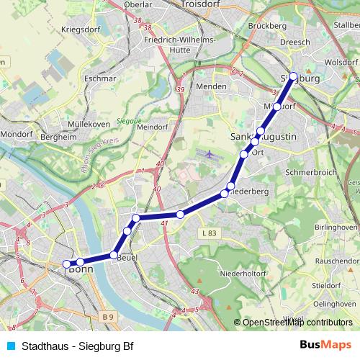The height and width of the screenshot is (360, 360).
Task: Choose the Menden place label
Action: point(212,86)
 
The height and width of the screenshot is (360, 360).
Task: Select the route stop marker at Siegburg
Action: point(293,76)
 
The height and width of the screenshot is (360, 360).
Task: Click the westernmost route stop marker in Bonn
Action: point(66,264)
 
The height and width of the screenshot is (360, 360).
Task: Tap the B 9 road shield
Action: point(108,316)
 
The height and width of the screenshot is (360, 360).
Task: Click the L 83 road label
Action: point(210,233)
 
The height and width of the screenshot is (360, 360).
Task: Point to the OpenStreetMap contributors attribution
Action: point(297,323)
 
